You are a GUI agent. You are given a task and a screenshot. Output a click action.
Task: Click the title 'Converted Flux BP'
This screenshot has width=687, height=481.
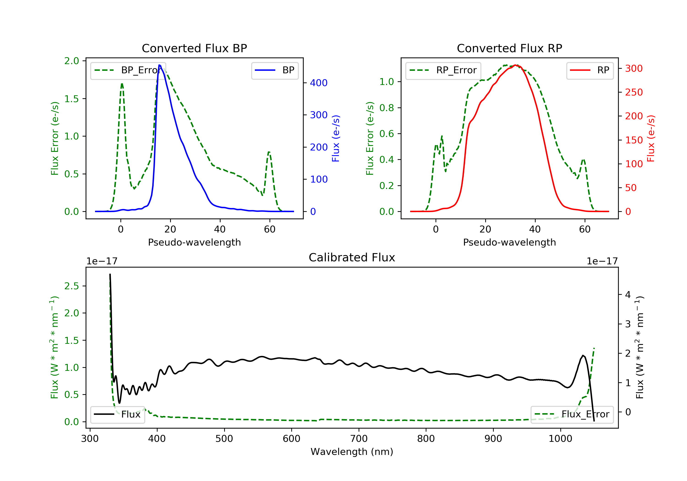194,48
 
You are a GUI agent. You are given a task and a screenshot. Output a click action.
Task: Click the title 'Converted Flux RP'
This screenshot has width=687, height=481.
509,48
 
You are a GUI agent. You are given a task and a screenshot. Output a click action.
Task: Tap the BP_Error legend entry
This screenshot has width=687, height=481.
128,70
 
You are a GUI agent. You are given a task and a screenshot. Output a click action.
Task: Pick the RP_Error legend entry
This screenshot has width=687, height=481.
443,70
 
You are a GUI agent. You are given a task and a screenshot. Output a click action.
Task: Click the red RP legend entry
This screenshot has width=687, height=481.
590,70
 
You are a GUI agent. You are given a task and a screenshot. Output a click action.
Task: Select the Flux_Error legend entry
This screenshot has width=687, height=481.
572,414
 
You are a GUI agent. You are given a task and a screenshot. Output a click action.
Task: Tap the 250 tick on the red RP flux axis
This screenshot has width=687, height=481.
634,92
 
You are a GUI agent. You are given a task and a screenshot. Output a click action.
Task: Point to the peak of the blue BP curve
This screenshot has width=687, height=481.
159,65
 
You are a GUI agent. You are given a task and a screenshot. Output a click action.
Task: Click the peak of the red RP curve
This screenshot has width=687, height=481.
515,65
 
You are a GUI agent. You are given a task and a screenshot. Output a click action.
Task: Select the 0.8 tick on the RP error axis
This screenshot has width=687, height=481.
386,108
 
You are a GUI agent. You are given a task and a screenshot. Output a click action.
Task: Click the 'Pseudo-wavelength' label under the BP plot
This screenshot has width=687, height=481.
194,242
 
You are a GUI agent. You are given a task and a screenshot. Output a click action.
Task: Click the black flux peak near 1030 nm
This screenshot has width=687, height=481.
583,355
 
